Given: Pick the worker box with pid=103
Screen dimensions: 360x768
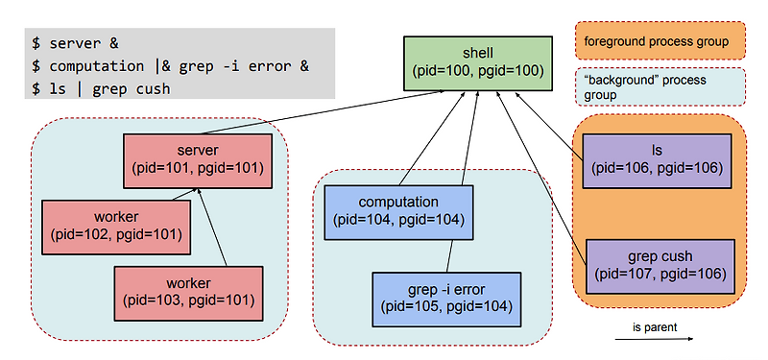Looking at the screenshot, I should coord(188,292).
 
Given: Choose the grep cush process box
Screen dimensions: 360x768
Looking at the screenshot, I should coord(660,266).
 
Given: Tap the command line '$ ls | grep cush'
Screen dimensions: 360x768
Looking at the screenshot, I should coord(101,89).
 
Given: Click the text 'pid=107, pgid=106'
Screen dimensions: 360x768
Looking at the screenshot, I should coord(660,275).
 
